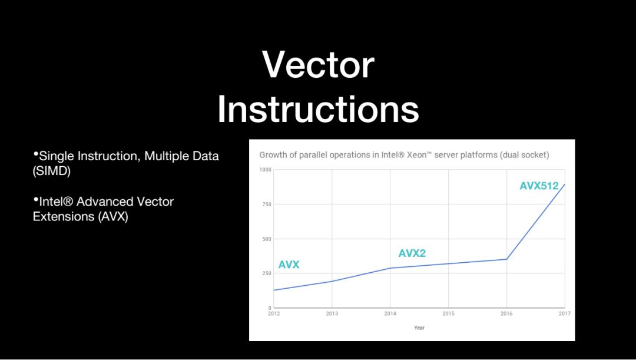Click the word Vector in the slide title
point(318,65)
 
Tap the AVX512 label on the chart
point(539,186)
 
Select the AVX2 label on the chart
point(412,253)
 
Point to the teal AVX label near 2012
point(289,265)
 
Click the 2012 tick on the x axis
point(274,313)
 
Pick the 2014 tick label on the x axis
point(390,313)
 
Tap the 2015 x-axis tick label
point(448,313)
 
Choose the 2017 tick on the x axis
point(565,313)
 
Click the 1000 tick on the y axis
point(265,170)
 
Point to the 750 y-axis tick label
point(267,204)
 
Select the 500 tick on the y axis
point(267,239)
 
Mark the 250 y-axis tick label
point(267,273)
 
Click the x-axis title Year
point(419,328)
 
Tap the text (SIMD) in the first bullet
point(51,171)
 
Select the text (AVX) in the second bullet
point(112,217)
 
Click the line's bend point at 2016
point(506,259)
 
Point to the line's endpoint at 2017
point(565,184)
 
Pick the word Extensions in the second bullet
point(64,217)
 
